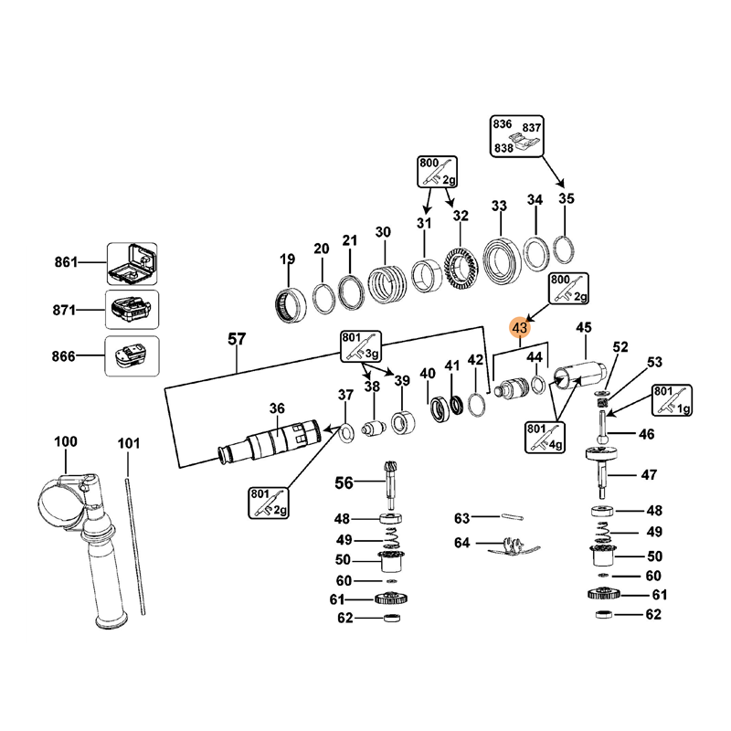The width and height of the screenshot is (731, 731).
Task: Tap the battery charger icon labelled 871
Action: point(132,311)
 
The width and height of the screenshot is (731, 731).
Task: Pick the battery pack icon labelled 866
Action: point(132,357)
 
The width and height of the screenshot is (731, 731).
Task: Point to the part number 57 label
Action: point(237,340)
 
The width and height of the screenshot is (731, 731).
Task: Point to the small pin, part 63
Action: point(512,518)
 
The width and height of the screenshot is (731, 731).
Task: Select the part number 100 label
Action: point(66,443)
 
